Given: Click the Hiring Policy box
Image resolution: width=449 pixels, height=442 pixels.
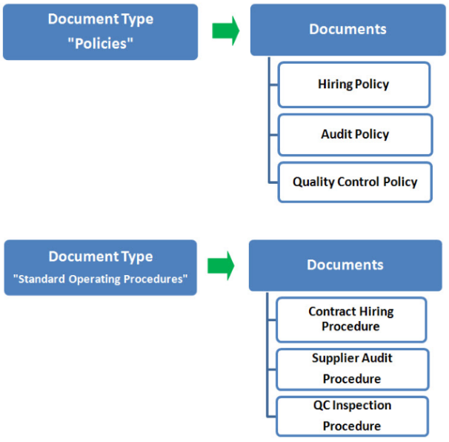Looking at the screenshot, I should click(x=354, y=85).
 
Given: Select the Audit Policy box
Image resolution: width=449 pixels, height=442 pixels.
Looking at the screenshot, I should click(x=355, y=134).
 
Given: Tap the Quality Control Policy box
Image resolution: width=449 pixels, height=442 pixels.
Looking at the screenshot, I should click(x=355, y=182).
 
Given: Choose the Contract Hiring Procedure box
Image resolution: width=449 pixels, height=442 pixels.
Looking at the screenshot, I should click(x=351, y=319).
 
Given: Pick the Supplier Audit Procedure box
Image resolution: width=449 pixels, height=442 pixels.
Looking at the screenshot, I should click(x=352, y=369).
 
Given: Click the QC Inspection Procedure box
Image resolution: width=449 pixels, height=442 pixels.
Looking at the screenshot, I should click(x=352, y=416).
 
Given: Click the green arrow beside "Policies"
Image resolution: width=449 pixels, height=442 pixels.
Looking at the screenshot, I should click(x=225, y=30).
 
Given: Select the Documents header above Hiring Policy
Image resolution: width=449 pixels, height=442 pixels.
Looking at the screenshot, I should click(x=347, y=30).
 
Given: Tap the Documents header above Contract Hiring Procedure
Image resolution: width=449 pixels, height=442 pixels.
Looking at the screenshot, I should click(x=345, y=265).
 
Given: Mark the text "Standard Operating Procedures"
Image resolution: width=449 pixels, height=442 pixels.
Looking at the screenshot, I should click(x=101, y=280).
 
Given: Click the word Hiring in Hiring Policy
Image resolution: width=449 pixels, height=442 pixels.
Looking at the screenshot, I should click(x=336, y=85).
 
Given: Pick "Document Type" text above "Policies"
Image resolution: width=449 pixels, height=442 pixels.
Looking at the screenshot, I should click(x=100, y=19).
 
